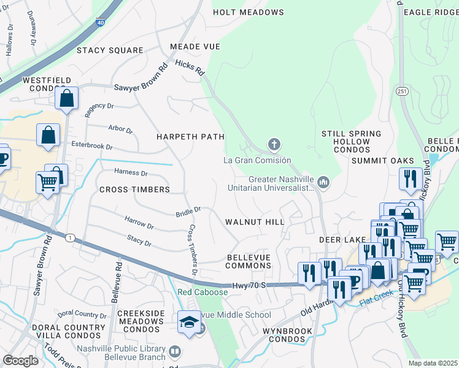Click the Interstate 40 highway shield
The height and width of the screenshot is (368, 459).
100,23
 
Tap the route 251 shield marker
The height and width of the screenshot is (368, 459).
402,91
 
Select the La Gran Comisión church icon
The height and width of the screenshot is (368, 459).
274,145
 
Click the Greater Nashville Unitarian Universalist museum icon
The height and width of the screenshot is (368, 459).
323,182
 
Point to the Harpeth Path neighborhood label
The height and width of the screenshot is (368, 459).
190,136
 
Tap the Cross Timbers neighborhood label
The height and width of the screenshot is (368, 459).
134,190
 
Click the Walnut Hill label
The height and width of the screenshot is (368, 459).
255,221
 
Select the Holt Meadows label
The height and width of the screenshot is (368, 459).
248,12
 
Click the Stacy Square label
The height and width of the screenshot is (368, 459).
110,50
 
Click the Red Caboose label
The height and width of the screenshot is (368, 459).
202,293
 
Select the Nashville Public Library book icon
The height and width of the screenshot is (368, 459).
175,352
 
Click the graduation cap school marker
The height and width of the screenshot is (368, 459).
189,321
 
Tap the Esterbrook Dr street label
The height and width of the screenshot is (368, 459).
92,147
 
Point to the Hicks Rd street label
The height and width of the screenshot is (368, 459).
189,67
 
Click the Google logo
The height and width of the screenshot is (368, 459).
20,361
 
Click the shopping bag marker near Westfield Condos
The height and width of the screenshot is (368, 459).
66,98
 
